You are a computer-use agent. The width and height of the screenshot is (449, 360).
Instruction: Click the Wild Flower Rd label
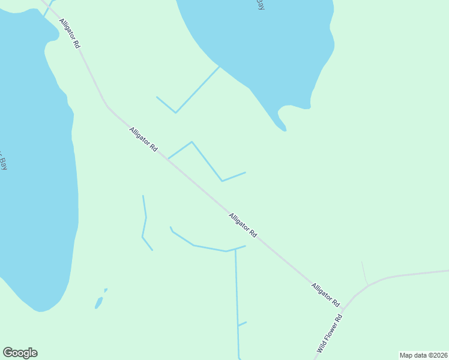coord(330,334)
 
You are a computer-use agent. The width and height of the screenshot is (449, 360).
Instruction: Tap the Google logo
coord(20,353)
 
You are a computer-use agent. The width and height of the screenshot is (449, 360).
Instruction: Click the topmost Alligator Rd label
coord(70,33)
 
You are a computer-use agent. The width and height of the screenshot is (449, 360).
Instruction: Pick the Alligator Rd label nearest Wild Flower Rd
coord(325,294)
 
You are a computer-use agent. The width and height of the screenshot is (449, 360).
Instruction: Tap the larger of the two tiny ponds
coord(98,303)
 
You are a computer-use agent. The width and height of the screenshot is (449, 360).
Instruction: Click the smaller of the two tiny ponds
coord(106,290)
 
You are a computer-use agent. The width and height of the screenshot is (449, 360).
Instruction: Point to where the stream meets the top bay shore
coord(219,67)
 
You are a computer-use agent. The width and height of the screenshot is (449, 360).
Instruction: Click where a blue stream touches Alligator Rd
coord(169,158)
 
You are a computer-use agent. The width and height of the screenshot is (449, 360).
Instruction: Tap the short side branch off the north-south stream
coord(243,324)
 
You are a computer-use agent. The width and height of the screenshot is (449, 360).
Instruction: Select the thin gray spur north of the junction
coord(364,273)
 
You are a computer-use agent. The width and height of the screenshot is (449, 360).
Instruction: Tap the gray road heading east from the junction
coord(408,274)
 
